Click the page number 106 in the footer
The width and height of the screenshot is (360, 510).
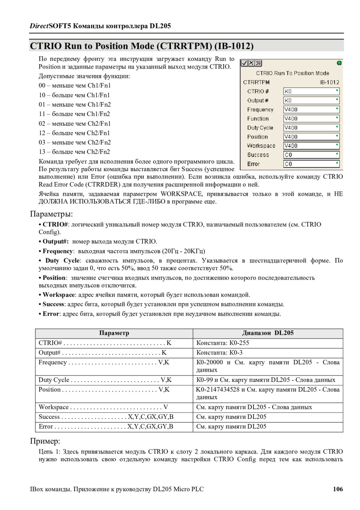pos(338,489)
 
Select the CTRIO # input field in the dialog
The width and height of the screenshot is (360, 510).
pos(311,91)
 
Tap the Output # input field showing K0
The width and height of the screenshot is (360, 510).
pos(311,100)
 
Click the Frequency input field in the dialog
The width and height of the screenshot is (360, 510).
pos(311,109)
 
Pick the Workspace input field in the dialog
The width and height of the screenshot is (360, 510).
pos(311,146)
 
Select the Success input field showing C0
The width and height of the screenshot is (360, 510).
pos(311,155)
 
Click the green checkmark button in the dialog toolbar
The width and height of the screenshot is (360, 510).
pos(244,63)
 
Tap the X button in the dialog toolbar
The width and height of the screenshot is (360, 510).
pos(251,63)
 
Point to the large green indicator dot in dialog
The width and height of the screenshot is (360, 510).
pos(339,63)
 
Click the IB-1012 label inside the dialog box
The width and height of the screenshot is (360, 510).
pos(329,82)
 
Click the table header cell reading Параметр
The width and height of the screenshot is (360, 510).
pos(114,333)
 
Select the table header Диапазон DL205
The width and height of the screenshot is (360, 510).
pos(268,333)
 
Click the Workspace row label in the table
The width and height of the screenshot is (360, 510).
pos(54,407)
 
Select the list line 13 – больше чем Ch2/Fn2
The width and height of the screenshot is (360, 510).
pos(74,152)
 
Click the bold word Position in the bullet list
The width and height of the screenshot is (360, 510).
pos(54,278)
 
